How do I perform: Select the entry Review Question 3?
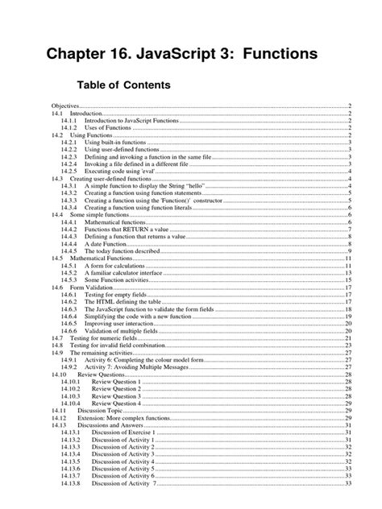click(116, 396)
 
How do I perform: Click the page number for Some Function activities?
click(347, 280)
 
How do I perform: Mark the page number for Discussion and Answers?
click(347, 425)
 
